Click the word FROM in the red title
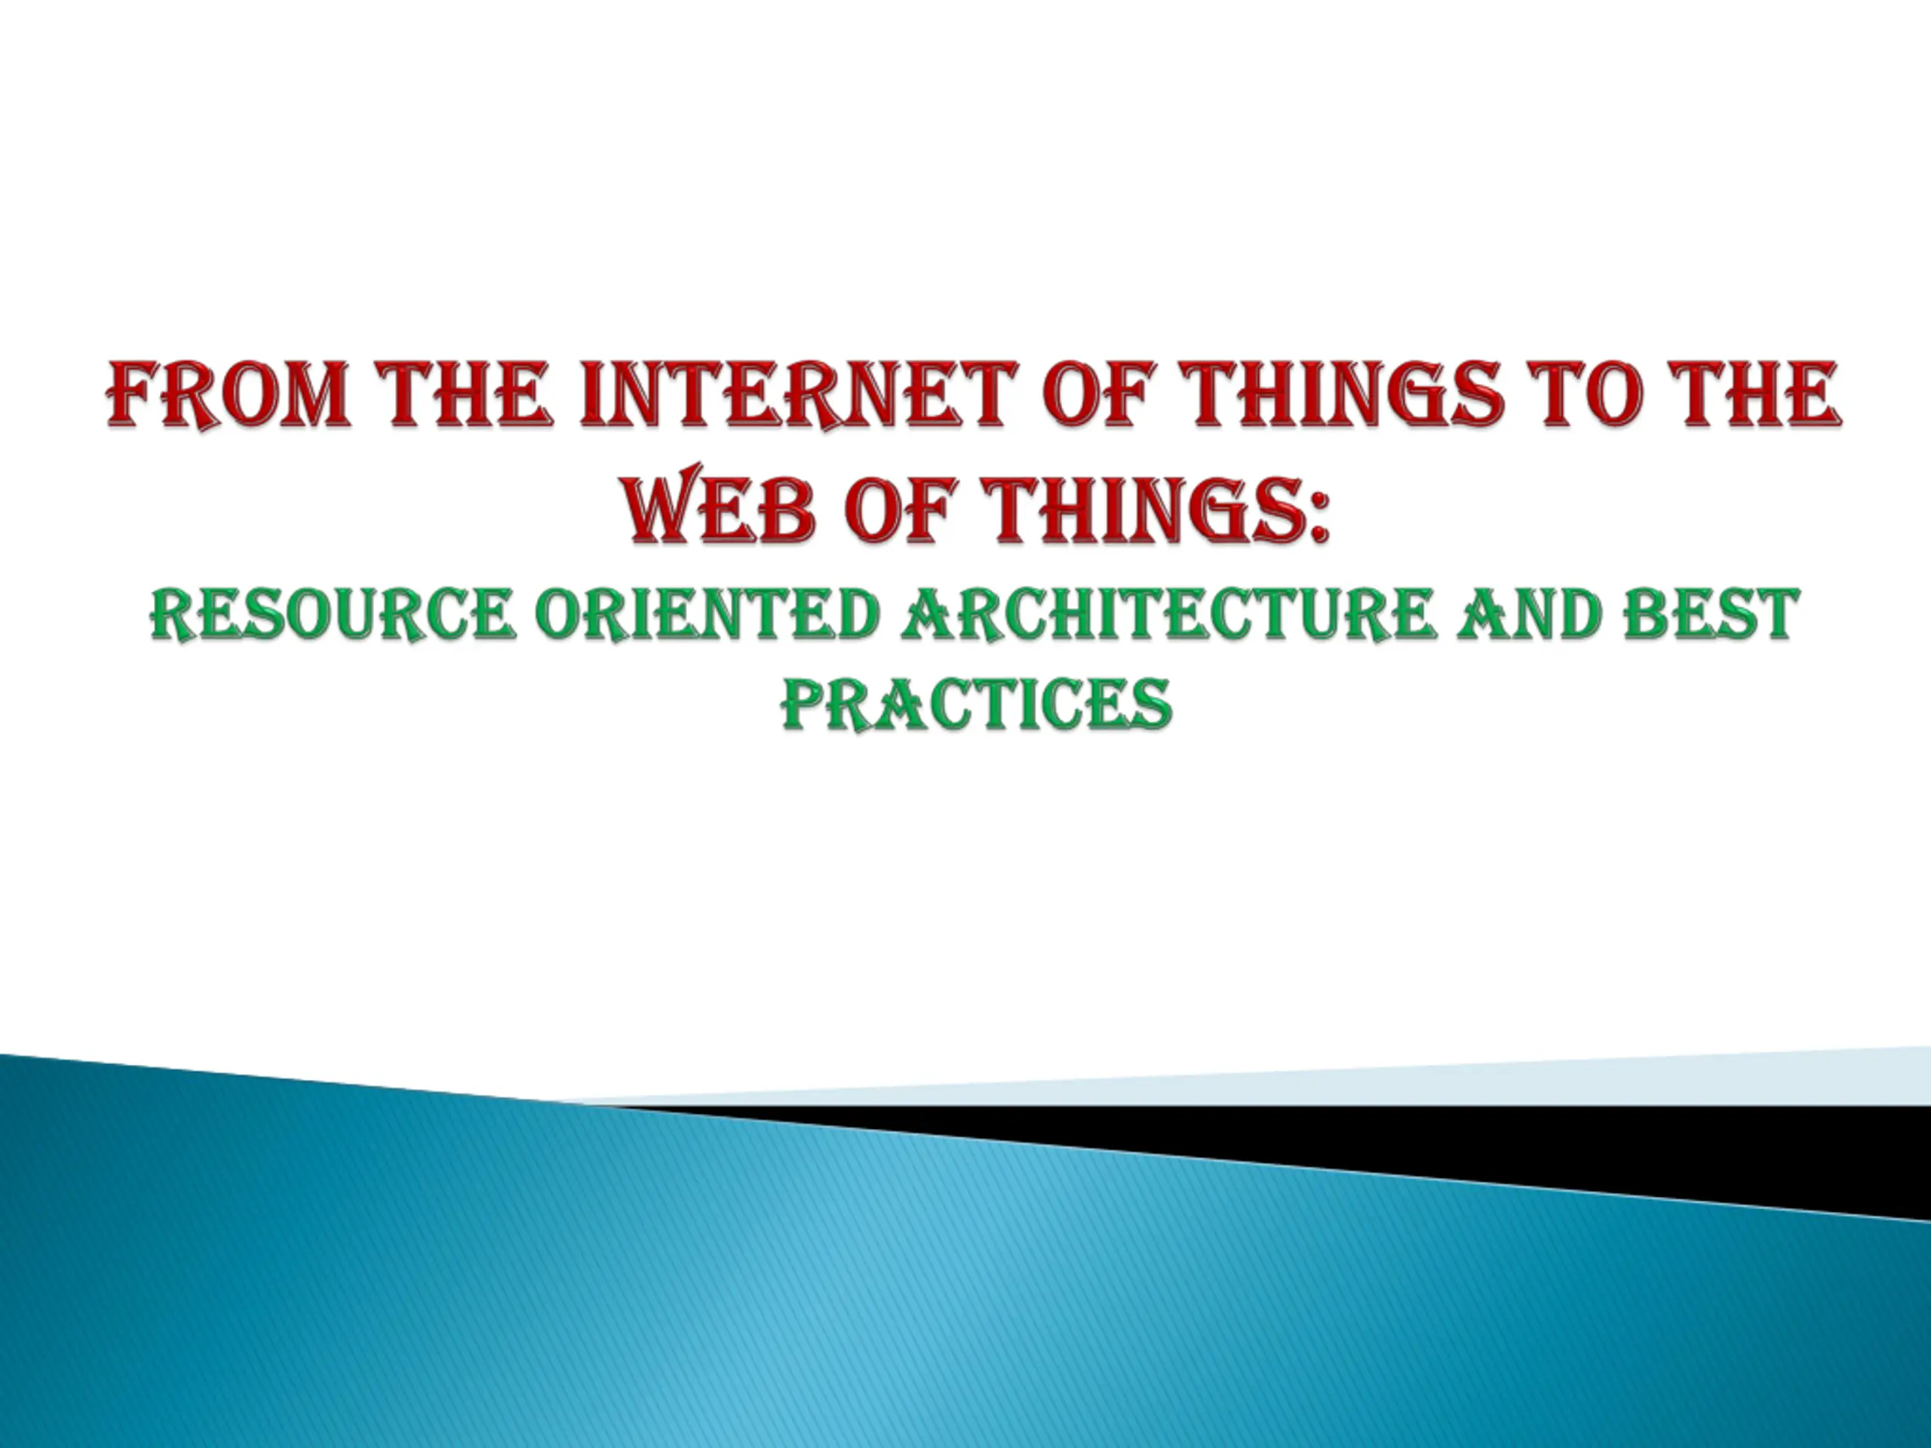pyautogui.click(x=229, y=395)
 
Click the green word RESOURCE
pyautogui.click(x=332, y=615)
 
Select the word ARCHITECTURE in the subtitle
pyautogui.click(x=1169, y=615)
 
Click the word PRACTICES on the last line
pyautogui.click(x=976, y=704)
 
